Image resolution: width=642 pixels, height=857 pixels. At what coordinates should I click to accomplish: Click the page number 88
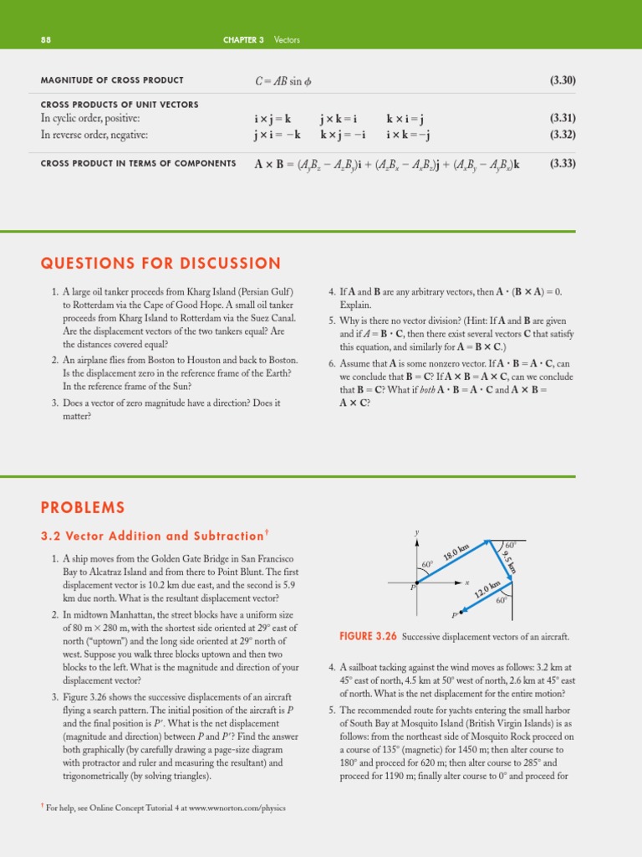click(x=46, y=39)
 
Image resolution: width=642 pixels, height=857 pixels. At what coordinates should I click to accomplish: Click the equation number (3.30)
click(x=563, y=80)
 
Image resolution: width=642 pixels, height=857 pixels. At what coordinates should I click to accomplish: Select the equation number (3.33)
click(x=563, y=163)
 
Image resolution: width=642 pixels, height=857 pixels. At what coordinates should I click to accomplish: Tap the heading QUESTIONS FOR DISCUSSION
click(x=160, y=264)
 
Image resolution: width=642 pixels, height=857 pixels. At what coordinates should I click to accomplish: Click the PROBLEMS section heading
click(x=83, y=507)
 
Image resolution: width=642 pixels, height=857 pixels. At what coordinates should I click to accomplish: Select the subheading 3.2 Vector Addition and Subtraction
click(x=154, y=536)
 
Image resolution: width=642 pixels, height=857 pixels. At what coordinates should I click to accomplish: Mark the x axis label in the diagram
click(x=468, y=582)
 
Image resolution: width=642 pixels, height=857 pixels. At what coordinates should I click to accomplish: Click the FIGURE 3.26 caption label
click(x=367, y=637)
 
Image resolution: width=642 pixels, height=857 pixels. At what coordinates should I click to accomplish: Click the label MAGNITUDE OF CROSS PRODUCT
click(x=112, y=80)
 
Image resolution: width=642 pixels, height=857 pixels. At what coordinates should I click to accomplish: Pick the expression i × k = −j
click(x=408, y=134)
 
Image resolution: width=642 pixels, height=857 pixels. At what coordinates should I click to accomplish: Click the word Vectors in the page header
click(x=288, y=39)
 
